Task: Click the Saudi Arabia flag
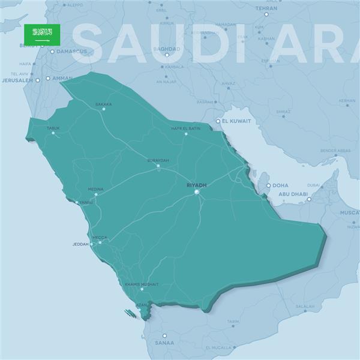pos(42,34)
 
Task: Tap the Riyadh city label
pos(196,185)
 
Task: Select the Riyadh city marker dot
pos(196,193)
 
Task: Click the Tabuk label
pos(53,128)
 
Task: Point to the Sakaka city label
pos(103,104)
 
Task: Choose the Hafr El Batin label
pos(185,128)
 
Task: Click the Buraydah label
pos(158,160)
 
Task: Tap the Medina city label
pos(95,189)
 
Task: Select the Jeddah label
pos(80,244)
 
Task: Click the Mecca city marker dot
pos(100,242)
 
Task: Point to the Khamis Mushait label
pos(142,284)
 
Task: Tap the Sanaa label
pos(164,343)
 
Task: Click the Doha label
pos(280,185)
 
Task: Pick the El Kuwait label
pos(236,121)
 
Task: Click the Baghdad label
pos(167,49)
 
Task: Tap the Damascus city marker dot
pos(52,52)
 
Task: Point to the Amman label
pos(62,78)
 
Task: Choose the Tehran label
pos(266,8)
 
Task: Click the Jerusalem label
pos(18,80)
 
